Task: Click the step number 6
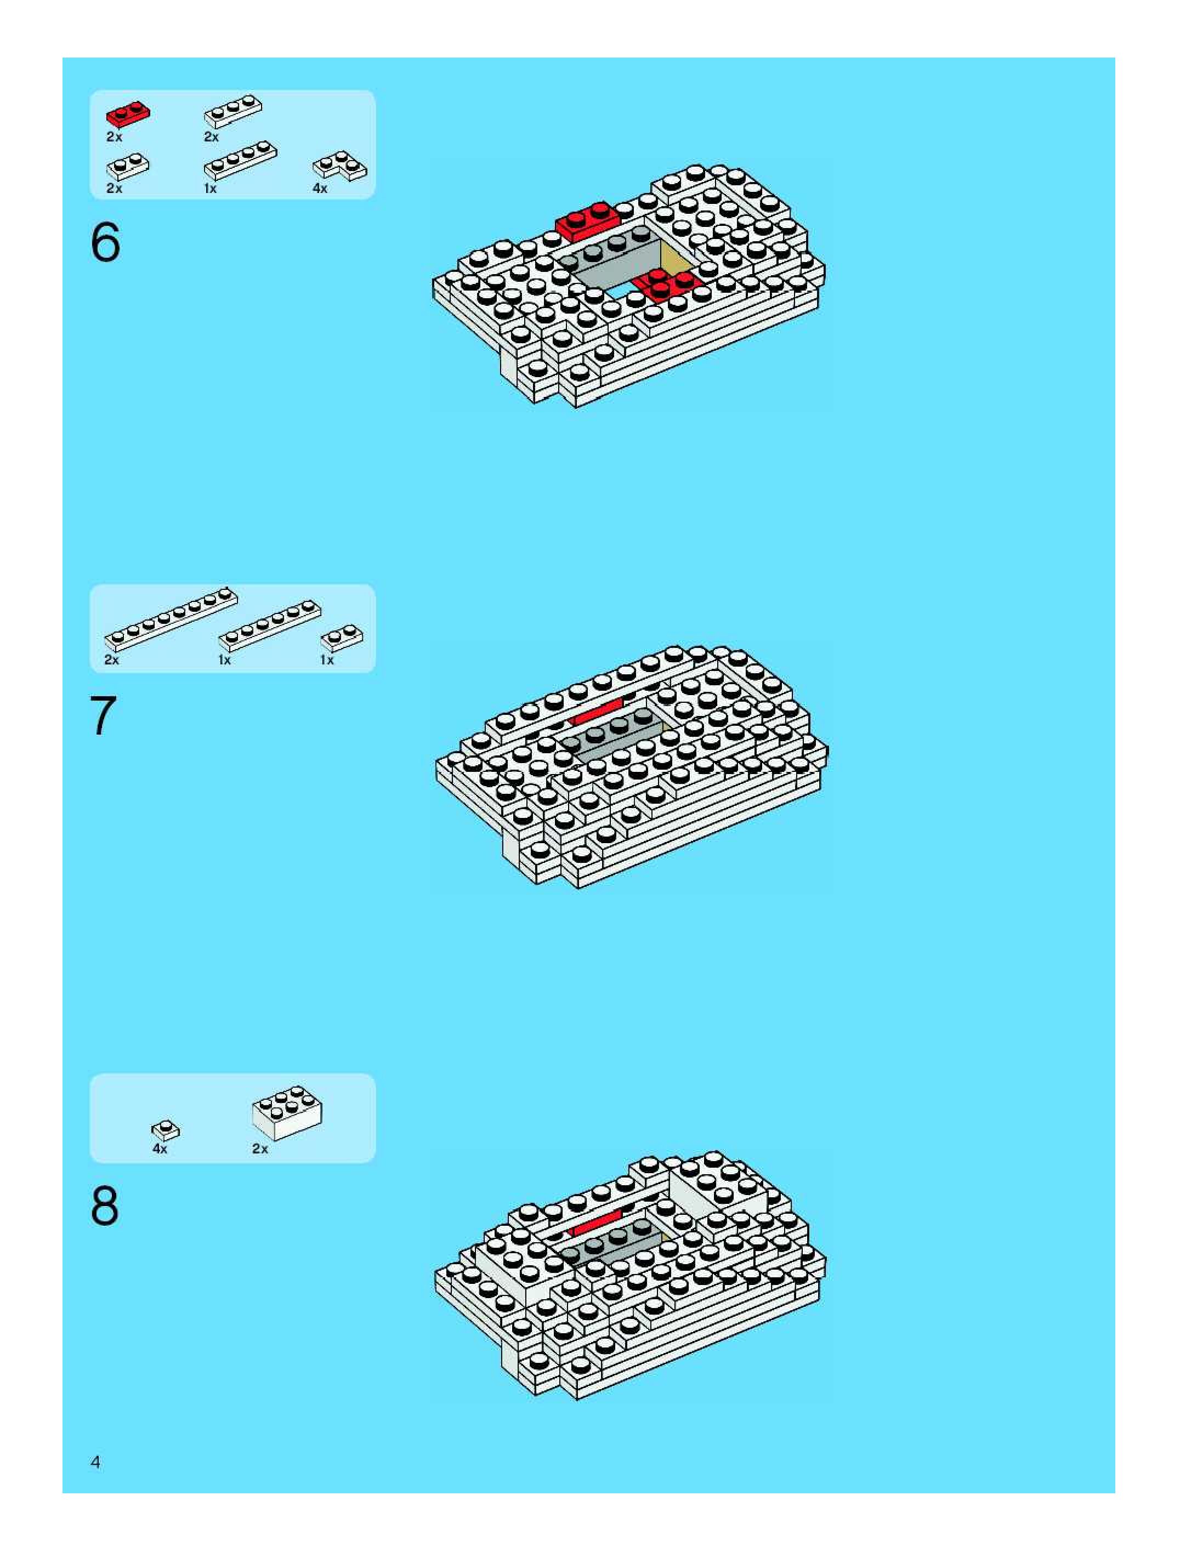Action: [x=106, y=242]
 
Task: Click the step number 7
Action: [x=103, y=717]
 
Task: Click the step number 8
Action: [x=104, y=1207]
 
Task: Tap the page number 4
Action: [x=96, y=1462]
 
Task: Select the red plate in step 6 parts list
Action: [x=128, y=114]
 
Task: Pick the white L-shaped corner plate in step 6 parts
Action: [x=339, y=166]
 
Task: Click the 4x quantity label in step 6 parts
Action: [x=320, y=189]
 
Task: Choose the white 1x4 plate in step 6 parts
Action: [x=240, y=160]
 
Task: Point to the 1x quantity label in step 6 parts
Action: [x=210, y=189]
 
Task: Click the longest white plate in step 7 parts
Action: [x=171, y=618]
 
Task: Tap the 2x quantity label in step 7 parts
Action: [x=111, y=660]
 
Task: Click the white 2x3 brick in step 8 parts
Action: [x=287, y=1112]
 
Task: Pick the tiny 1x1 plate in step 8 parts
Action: [x=166, y=1130]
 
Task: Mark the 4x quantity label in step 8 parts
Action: [x=160, y=1149]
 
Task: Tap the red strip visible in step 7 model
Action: [x=596, y=712]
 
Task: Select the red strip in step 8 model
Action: [x=596, y=1224]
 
